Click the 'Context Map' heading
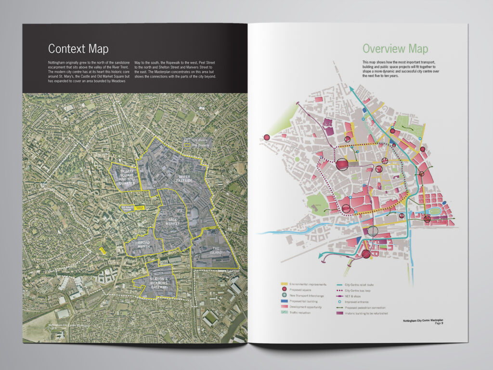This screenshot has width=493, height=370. click(x=78, y=49)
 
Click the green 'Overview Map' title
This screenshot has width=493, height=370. click(x=395, y=49)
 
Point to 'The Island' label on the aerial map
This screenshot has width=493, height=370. click(x=215, y=250)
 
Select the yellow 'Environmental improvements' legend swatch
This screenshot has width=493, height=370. click(x=285, y=285)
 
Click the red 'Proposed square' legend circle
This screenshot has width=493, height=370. click(x=285, y=291)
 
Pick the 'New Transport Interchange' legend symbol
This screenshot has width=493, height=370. click(x=285, y=296)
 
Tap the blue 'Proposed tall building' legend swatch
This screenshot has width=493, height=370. click(x=285, y=302)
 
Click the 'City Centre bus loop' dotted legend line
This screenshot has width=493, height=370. click(x=340, y=291)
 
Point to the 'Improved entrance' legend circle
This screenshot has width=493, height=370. click(x=340, y=302)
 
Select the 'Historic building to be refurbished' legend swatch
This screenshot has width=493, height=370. click(x=340, y=313)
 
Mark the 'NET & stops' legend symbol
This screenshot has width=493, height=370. click(x=340, y=296)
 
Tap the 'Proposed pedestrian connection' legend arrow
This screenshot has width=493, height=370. click(x=340, y=307)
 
